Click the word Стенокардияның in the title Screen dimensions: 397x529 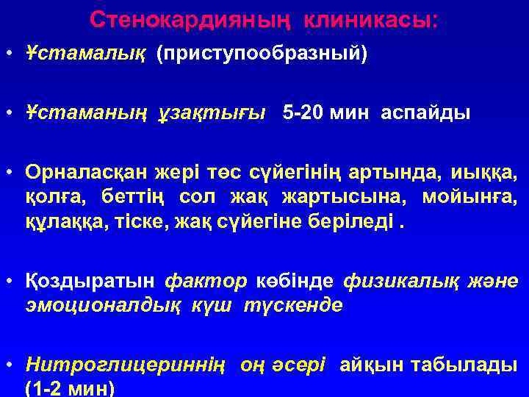click(x=176, y=20)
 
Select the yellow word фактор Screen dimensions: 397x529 click(x=206, y=282)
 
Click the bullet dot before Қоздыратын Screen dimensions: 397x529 click(x=11, y=282)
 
